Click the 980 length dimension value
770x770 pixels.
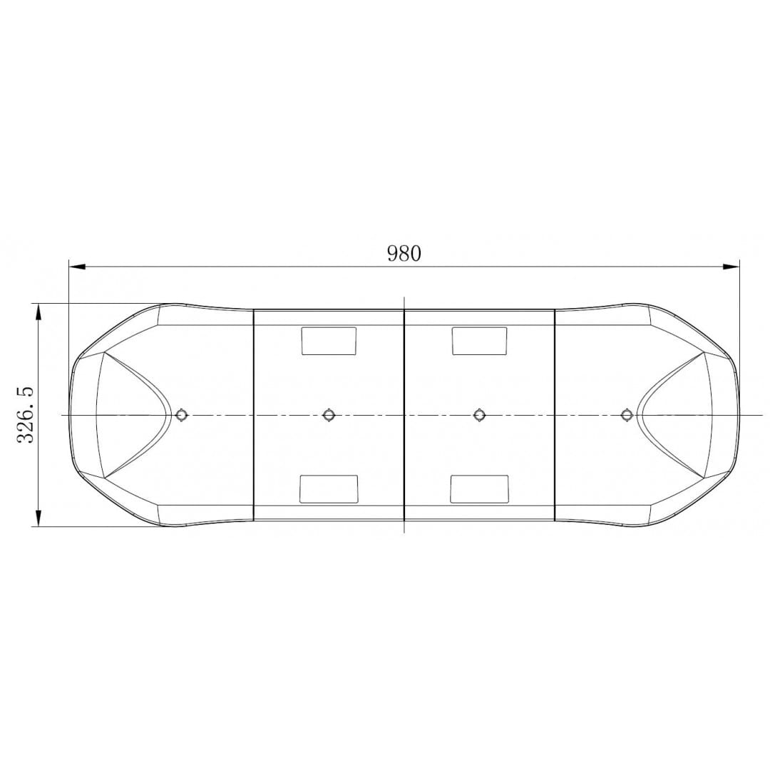tap(404, 253)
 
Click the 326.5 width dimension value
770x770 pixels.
tap(25, 415)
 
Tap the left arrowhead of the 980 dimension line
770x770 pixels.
tap(78, 267)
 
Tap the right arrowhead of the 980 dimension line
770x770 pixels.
tap(731, 267)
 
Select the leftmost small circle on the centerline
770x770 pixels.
tap(182, 415)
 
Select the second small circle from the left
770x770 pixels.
tap(329, 415)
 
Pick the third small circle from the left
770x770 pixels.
tap(479, 415)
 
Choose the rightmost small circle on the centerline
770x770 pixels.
tap(626, 415)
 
